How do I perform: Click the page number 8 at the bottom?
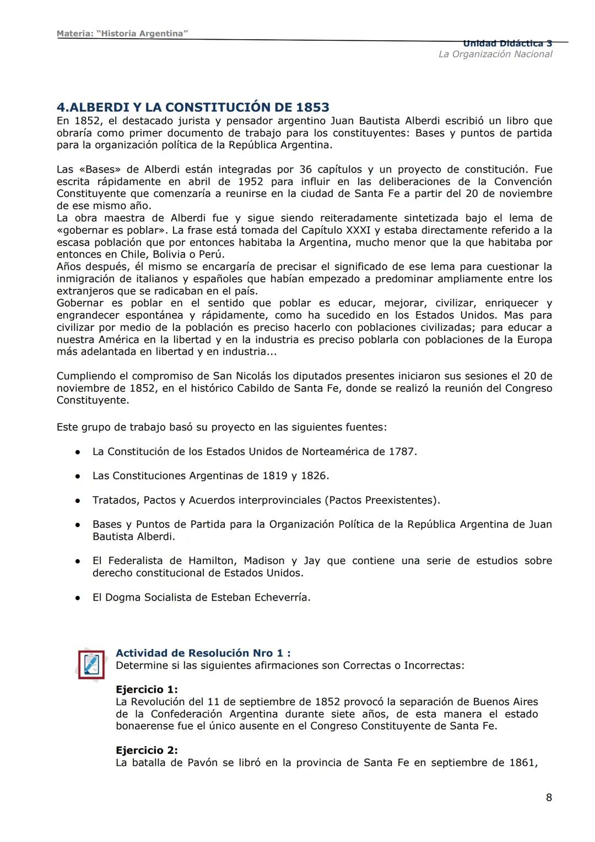point(548,797)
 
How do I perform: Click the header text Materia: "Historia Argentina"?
point(122,34)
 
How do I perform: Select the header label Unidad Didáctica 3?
point(507,44)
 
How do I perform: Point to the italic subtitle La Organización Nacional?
point(495,54)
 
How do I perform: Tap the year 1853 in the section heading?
point(312,107)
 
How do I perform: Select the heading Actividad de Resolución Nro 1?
point(203,653)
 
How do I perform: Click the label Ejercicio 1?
point(147,689)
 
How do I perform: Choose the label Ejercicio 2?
point(147,750)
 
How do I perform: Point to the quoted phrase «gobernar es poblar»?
point(112,230)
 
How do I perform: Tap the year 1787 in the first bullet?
point(402,452)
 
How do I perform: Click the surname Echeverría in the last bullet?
point(282,597)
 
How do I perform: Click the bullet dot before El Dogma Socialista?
point(79,598)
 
